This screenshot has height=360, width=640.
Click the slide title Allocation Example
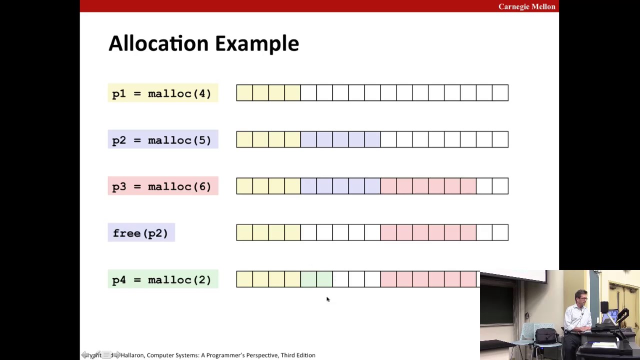(203, 43)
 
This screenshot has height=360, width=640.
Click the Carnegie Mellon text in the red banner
(526, 6)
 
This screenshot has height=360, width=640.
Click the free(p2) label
(140, 233)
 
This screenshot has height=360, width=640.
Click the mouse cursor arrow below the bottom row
(327, 299)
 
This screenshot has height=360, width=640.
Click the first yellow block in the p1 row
(244, 93)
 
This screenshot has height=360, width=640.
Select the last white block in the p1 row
(500, 93)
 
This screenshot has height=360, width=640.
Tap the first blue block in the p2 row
(308, 139)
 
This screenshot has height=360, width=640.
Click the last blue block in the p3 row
(372, 186)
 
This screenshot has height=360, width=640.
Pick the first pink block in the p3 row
(388, 186)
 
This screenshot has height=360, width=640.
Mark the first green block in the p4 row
(308, 279)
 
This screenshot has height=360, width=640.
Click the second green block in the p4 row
(324, 279)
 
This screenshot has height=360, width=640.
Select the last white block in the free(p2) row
(500, 232)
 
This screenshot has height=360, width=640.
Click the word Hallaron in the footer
(132, 355)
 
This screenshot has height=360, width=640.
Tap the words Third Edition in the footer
(298, 355)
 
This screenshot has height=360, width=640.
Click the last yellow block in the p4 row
(292, 279)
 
